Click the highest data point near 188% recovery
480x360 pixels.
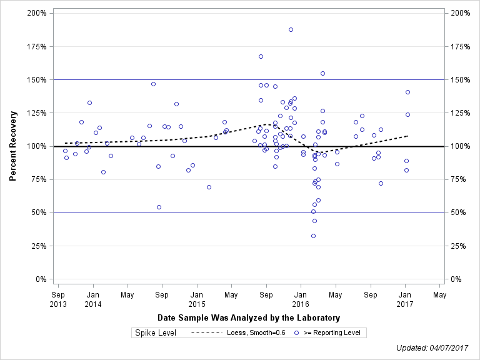point(291,29)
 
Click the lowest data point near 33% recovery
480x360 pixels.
point(313,236)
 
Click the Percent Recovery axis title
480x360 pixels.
point(12,146)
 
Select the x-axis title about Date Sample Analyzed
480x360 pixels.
point(249,317)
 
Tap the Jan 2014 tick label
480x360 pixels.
point(92,299)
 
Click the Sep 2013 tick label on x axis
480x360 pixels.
point(57,299)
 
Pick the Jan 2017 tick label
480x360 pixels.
point(405,299)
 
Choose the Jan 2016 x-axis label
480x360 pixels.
point(301,299)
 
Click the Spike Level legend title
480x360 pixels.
point(156,332)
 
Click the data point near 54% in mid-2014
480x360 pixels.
point(159,207)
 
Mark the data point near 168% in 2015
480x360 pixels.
point(261,56)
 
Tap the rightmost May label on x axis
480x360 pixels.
point(439,294)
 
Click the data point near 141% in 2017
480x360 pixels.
point(407,92)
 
